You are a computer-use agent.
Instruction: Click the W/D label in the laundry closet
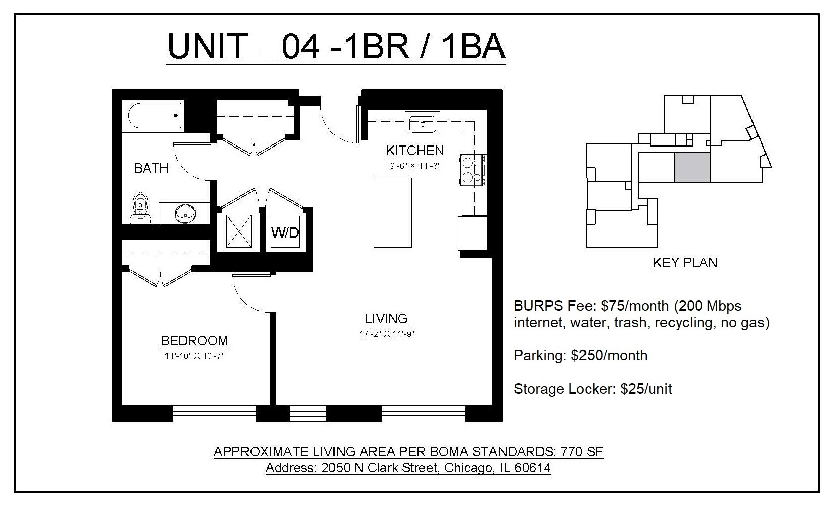(285, 232)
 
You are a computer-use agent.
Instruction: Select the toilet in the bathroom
(141, 208)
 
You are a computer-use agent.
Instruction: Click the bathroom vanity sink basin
(185, 214)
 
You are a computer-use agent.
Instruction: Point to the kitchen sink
(423, 122)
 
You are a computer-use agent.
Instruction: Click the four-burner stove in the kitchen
(473, 170)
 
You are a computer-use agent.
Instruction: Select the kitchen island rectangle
(392, 212)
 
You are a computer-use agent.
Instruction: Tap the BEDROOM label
(195, 341)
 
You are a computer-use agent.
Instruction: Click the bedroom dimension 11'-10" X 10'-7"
(194, 356)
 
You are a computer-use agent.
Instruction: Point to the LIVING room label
(386, 318)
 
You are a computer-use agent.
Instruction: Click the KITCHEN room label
(415, 150)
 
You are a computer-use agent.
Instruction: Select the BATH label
(151, 168)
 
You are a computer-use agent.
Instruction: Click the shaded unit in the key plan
(692, 167)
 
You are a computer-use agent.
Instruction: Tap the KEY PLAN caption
(685, 262)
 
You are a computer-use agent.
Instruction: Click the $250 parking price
(587, 355)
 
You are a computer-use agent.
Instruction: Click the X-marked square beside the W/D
(238, 231)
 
